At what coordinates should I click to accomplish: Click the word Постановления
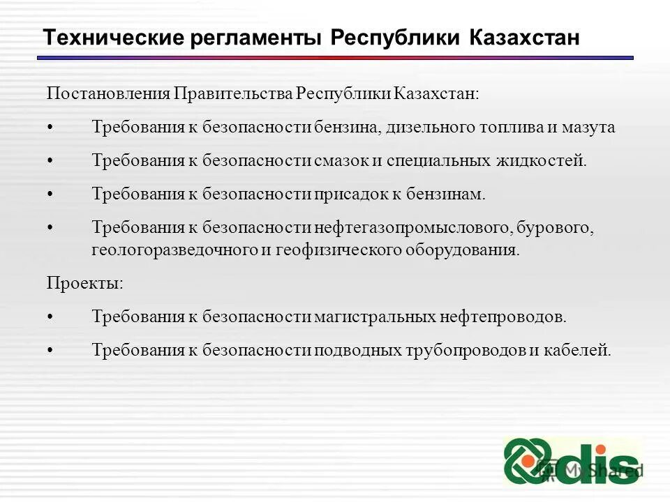[x=108, y=93]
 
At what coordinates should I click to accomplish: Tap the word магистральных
[x=375, y=317]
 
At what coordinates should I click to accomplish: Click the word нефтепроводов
[x=504, y=317]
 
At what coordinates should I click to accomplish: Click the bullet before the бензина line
[x=50, y=128]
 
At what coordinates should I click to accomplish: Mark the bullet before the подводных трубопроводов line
[x=50, y=351]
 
